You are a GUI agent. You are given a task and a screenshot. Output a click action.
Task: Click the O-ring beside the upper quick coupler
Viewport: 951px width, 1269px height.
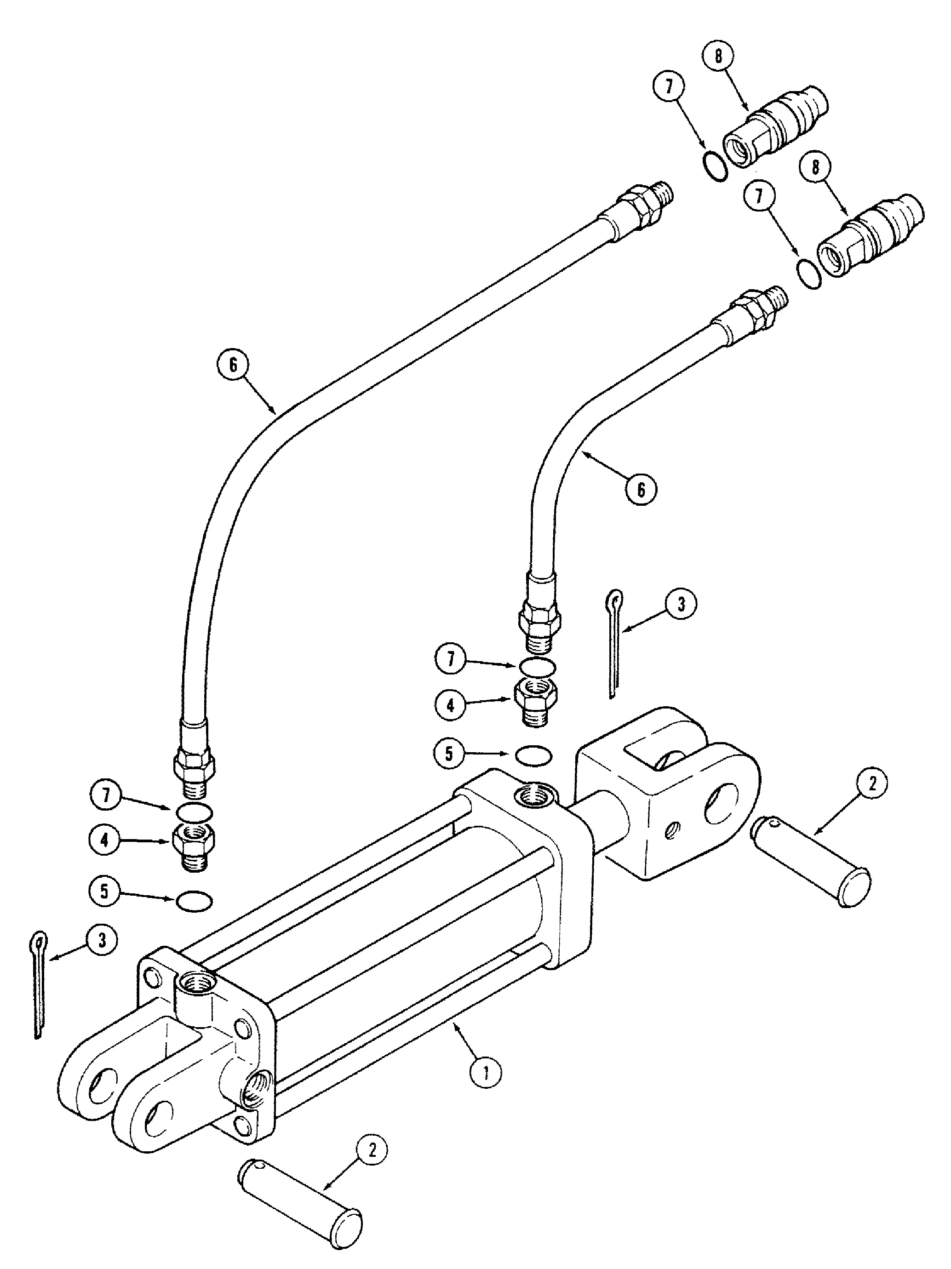click(715, 166)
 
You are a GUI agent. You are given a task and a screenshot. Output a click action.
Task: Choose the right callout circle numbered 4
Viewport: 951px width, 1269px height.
click(451, 704)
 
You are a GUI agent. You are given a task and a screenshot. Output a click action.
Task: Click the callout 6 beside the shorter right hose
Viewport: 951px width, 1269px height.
click(641, 489)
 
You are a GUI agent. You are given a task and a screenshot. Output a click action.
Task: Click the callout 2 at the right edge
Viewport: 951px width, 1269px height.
click(872, 783)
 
